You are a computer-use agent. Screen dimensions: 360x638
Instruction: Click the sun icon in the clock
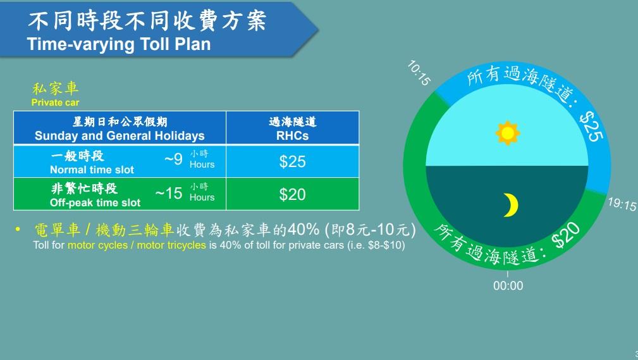tap(507, 133)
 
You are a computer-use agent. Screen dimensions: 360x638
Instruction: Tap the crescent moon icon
tap(510, 204)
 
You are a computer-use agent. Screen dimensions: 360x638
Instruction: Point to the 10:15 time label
tap(419, 73)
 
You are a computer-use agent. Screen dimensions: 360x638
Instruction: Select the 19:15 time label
tap(622, 204)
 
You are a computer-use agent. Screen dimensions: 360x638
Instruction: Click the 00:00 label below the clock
tap(508, 285)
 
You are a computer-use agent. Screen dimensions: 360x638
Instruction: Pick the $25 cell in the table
tap(292, 161)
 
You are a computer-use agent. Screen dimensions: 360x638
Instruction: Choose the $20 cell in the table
tap(292, 194)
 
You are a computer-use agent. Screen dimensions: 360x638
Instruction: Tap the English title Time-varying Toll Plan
tap(118, 44)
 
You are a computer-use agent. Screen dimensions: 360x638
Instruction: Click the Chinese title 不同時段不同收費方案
tap(147, 20)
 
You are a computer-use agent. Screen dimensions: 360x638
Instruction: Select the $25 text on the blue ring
tap(592, 126)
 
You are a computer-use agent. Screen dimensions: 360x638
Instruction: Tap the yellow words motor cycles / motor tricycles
tap(137, 245)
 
